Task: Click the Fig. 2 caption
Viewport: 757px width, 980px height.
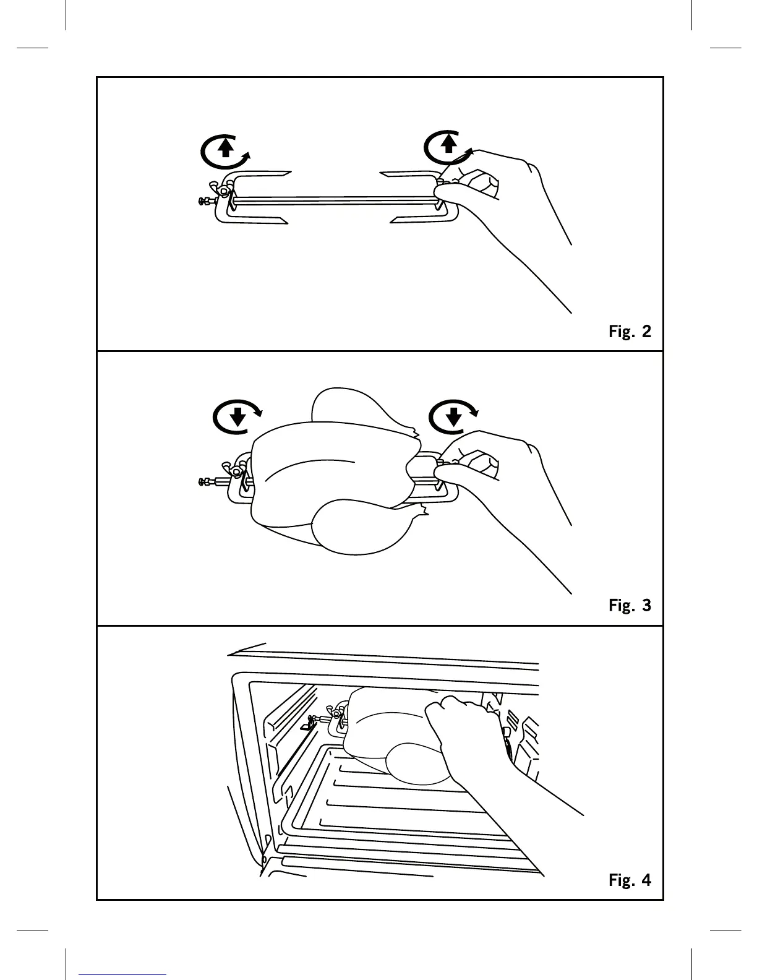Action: [x=630, y=332]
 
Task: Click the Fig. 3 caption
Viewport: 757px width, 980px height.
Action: [x=630, y=605]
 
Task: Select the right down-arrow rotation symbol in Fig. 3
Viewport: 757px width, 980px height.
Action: [x=454, y=416]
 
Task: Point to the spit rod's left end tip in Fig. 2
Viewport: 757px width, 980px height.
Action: [x=202, y=200]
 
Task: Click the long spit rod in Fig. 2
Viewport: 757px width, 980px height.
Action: [x=334, y=200]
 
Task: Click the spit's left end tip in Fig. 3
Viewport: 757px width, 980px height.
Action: [x=202, y=482]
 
